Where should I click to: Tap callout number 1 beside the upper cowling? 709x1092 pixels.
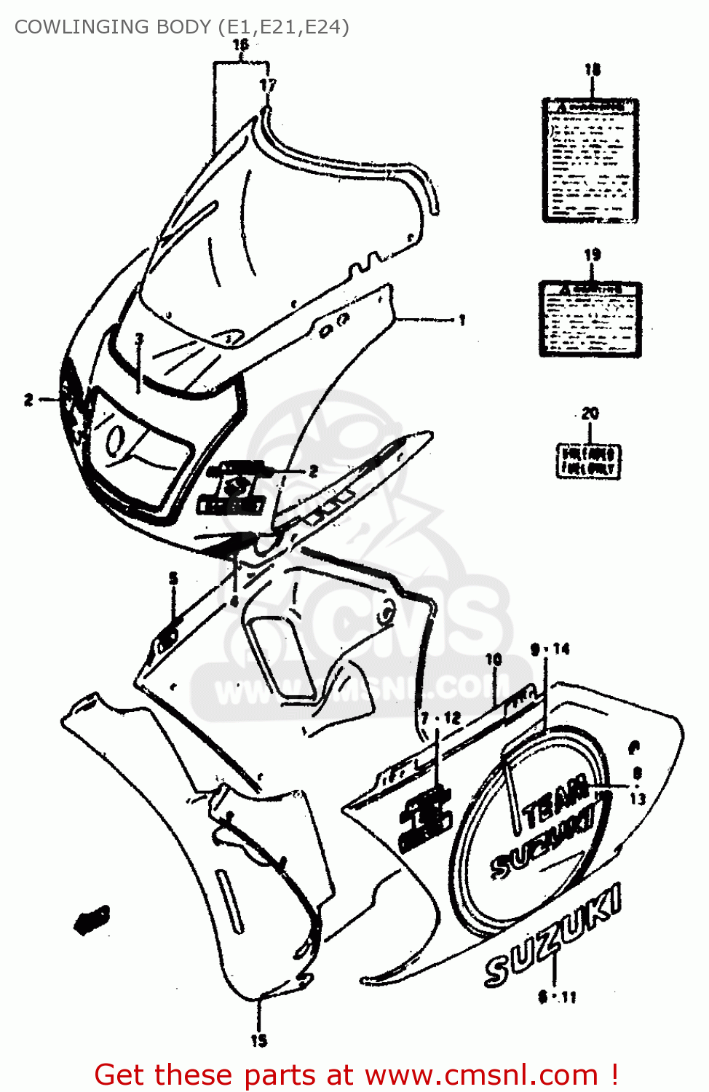[462, 319]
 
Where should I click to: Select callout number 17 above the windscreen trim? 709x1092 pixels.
[268, 84]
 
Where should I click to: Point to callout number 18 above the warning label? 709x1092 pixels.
[593, 70]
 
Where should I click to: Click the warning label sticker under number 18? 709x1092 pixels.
[590, 160]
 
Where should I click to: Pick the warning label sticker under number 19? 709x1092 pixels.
[590, 319]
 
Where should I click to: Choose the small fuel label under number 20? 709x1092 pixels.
[589, 461]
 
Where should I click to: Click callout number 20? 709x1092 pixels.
[590, 414]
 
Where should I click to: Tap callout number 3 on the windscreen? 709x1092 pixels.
[139, 339]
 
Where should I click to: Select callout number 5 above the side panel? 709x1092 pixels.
[173, 579]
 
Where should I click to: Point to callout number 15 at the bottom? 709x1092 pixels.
[259, 1040]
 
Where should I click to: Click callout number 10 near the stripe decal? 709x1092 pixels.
[494, 659]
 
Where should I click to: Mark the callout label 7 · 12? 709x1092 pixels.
[441, 718]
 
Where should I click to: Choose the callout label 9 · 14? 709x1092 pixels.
[550, 649]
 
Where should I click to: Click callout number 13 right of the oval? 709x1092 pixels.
[638, 799]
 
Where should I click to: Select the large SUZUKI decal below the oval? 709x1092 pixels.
[553, 935]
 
